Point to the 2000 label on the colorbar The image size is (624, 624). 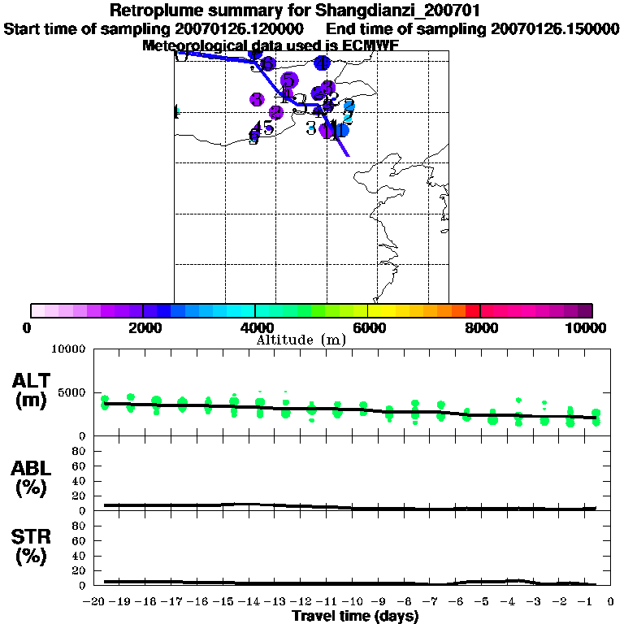(x=143, y=328)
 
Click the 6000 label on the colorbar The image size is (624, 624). (x=368, y=328)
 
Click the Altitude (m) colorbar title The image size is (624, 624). (x=301, y=340)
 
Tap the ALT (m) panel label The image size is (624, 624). (x=33, y=390)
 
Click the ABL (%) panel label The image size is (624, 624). (x=33, y=478)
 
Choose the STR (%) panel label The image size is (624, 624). (x=33, y=546)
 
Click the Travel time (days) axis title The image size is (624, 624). (x=355, y=617)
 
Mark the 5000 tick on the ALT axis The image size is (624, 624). (x=74, y=392)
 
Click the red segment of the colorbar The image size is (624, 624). (x=472, y=310)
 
